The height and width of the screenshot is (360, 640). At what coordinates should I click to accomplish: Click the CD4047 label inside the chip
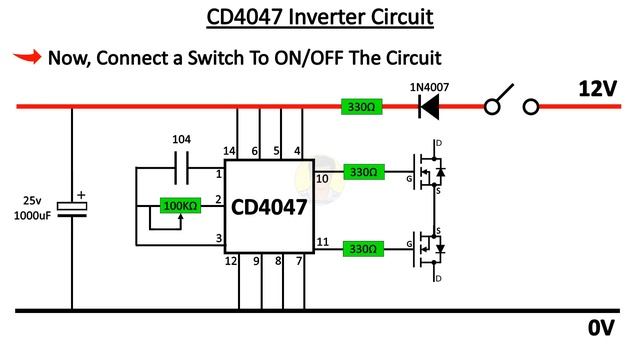[269, 207]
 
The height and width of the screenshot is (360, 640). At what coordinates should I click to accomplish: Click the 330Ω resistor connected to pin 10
[363, 172]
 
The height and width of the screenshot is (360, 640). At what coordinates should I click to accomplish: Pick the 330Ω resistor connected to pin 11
[363, 246]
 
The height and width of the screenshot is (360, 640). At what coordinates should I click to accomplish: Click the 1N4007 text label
[429, 86]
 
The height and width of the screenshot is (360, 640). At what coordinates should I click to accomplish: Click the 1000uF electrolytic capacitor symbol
[72, 207]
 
